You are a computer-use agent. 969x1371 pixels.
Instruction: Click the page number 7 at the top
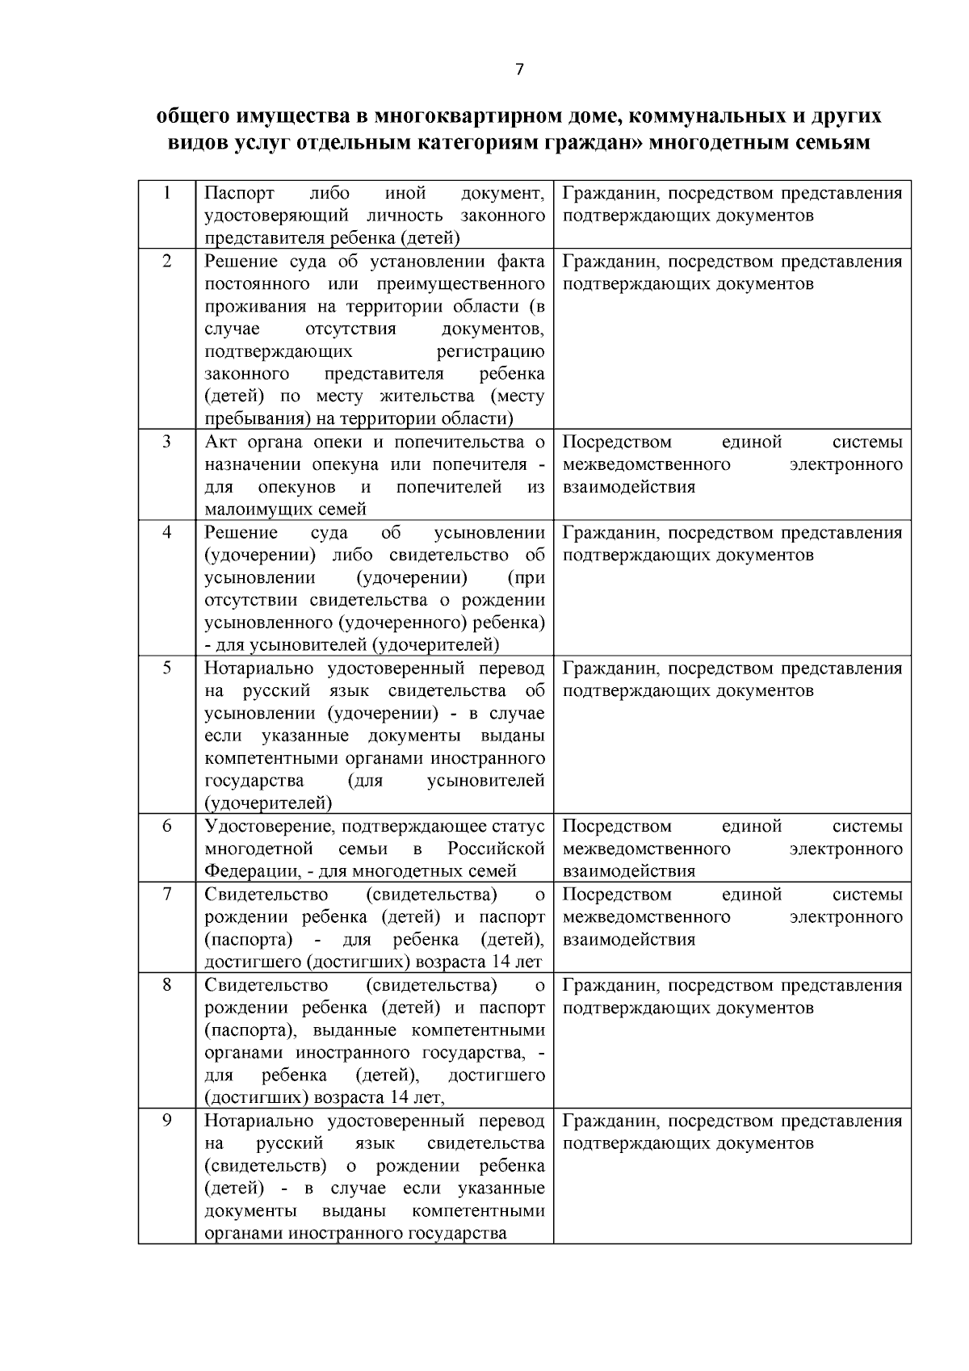tap(519, 70)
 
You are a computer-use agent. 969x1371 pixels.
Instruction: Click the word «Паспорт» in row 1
tap(239, 193)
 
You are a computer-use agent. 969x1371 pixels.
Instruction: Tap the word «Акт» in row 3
tap(220, 442)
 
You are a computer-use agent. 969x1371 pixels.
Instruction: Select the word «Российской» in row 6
tap(496, 849)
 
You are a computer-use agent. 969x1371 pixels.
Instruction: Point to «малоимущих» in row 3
tap(251, 509)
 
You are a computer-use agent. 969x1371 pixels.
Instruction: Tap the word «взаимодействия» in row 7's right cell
tap(628, 940)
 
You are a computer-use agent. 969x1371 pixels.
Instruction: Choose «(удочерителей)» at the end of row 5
tap(268, 803)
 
